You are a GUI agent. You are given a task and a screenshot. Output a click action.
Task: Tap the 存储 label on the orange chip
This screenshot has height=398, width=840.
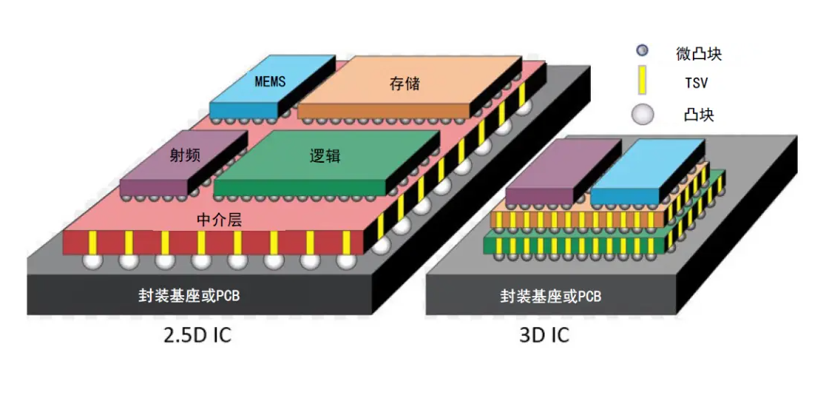pyautogui.click(x=404, y=82)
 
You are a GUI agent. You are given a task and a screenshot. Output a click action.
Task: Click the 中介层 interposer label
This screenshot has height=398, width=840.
pyautogui.click(x=220, y=219)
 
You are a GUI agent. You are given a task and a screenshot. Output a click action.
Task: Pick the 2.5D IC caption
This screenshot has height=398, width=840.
pyautogui.click(x=197, y=334)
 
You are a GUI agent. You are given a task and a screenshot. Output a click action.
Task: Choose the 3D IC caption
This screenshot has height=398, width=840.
pyautogui.click(x=544, y=334)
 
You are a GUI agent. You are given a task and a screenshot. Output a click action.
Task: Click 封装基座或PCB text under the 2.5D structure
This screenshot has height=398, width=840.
pyautogui.click(x=189, y=295)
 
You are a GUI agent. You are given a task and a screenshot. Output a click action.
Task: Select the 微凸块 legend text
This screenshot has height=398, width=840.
pyautogui.click(x=699, y=53)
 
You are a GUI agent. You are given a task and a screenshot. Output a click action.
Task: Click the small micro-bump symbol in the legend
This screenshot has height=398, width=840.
pyautogui.click(x=643, y=51)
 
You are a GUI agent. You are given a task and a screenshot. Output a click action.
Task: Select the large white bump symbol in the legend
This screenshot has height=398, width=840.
pyautogui.click(x=643, y=115)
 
